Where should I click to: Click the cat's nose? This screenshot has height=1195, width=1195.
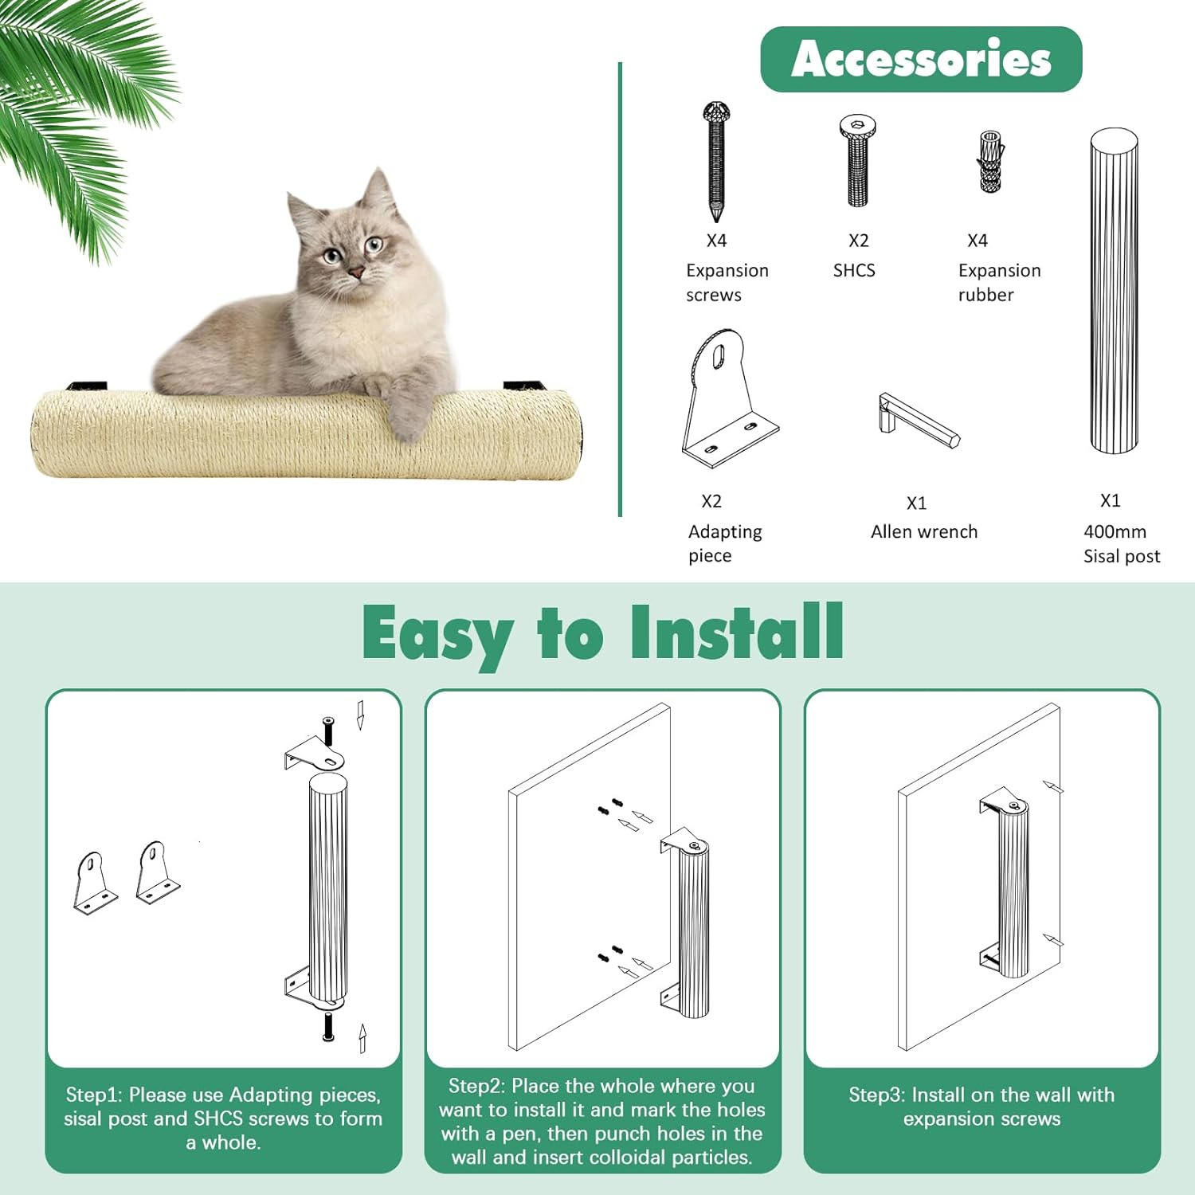click(x=356, y=273)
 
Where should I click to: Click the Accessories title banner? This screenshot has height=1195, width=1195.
click(x=921, y=59)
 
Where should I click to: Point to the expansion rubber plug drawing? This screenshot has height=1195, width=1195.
click(x=990, y=162)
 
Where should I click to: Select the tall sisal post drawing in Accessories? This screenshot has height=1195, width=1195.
click(x=1114, y=291)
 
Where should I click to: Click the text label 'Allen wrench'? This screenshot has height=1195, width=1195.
click(x=923, y=531)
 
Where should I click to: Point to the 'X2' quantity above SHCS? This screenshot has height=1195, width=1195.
click(x=858, y=241)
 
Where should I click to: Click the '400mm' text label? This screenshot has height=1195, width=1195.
click(x=1115, y=531)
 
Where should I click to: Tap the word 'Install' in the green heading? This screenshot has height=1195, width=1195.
click(x=736, y=633)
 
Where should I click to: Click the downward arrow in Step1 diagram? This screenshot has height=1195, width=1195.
click(x=360, y=715)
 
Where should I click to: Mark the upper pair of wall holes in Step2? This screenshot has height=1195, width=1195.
click(x=610, y=806)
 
